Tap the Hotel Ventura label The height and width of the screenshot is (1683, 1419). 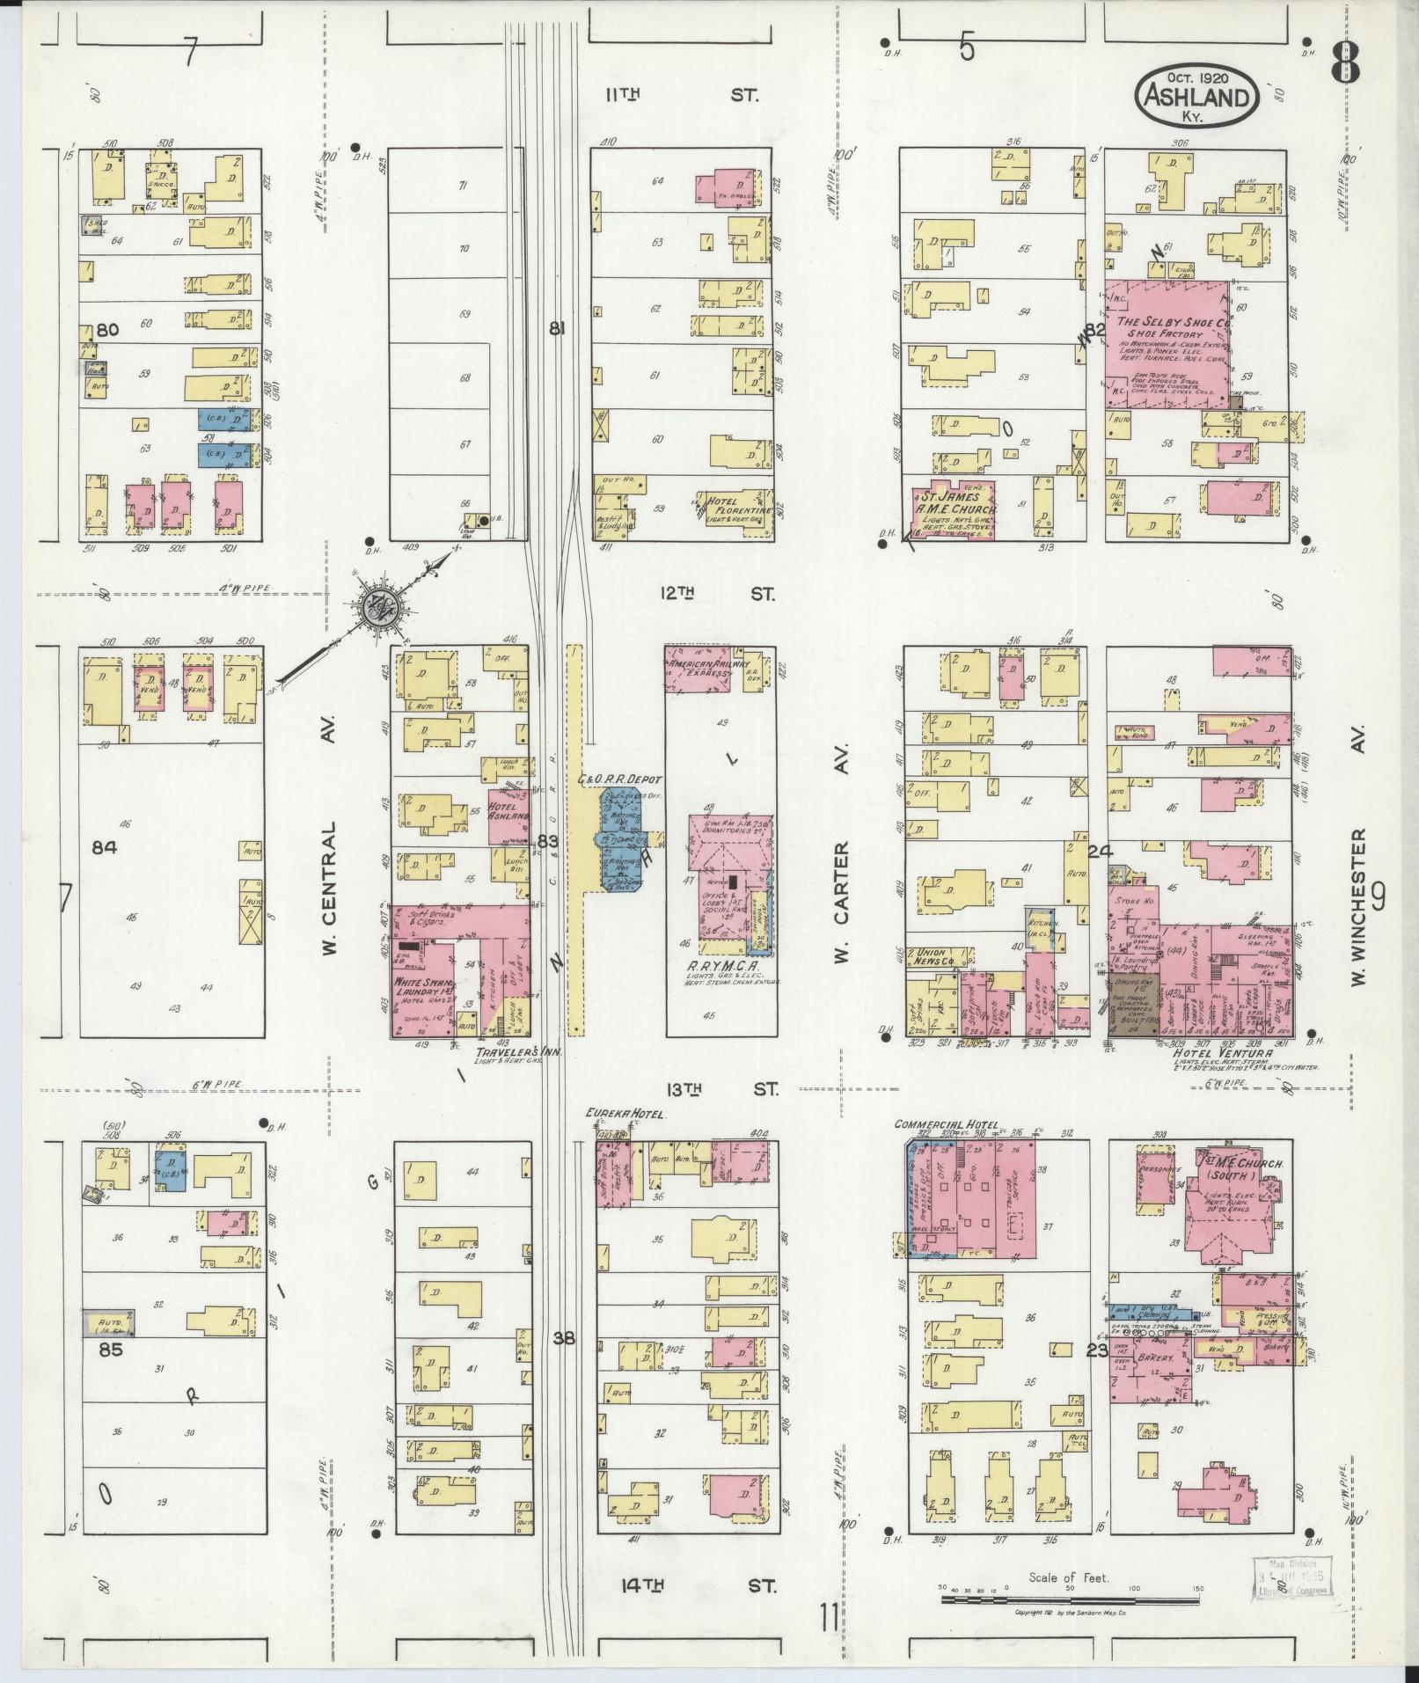(x=1212, y=1053)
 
